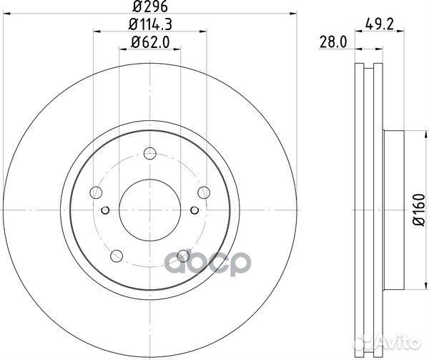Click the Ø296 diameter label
[149, 9]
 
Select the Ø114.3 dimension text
[149, 28]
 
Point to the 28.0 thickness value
[334, 43]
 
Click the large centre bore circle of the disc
[149, 206]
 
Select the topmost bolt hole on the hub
[149, 152]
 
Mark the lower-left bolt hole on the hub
[116, 253]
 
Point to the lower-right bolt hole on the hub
[182, 254]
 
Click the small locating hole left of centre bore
[105, 210]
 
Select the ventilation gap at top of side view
[369, 72]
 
